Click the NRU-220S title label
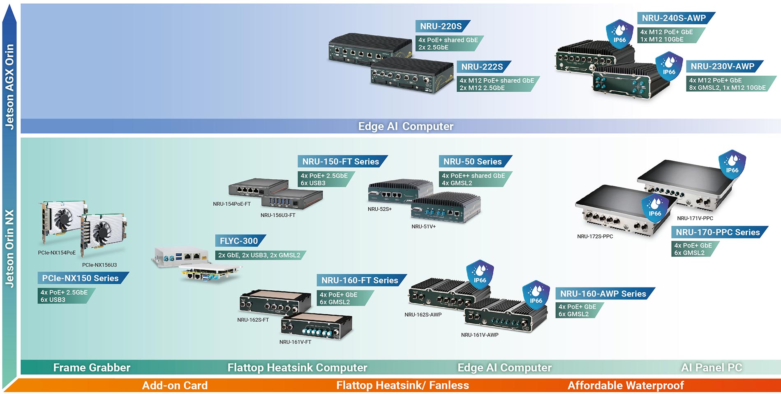(441, 26)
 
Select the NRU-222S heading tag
(482, 67)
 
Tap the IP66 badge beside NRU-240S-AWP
(619, 34)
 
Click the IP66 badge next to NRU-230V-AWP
(669, 66)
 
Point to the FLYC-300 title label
(239, 241)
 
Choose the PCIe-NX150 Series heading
(81, 278)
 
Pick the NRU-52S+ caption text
(379, 209)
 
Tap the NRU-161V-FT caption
(295, 342)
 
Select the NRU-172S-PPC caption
(595, 236)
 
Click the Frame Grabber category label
(92, 367)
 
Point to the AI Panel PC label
(712, 367)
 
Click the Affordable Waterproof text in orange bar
(626, 385)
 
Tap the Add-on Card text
(175, 385)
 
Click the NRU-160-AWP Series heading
(603, 294)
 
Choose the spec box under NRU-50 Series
(473, 179)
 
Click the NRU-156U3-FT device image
(292, 200)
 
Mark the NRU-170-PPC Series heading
(718, 232)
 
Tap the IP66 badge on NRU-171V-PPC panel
(732, 165)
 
